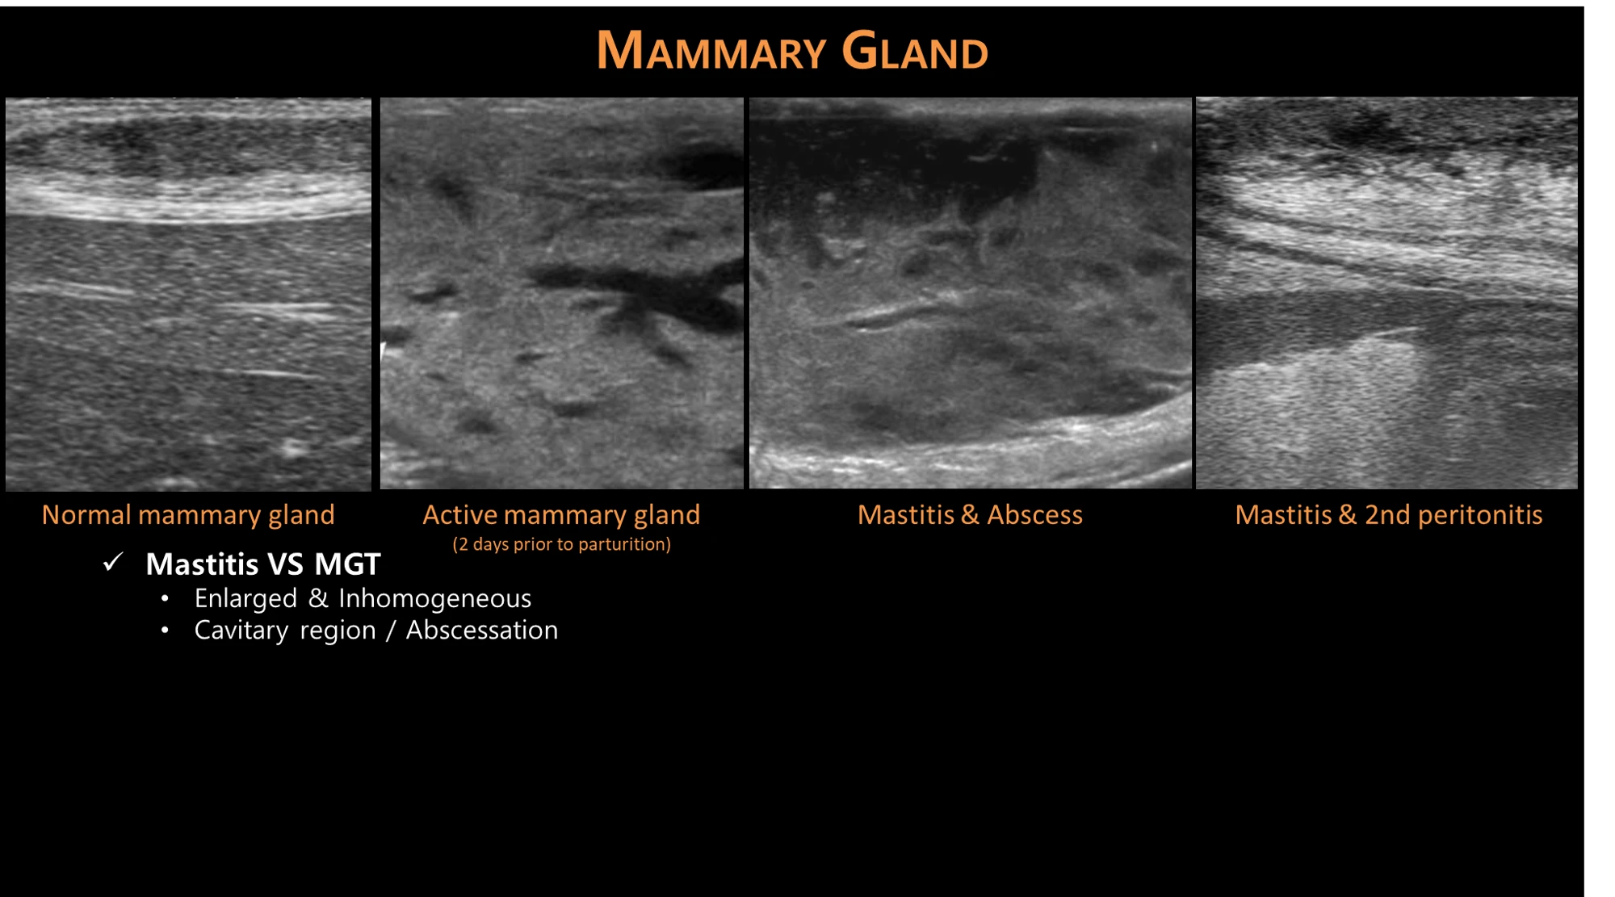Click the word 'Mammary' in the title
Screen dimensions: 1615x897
(711, 50)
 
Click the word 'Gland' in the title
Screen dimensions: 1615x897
(915, 50)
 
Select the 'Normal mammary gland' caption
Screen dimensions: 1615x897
(188, 515)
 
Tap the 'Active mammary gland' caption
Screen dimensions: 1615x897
(561, 515)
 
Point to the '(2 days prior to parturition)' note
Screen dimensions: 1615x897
(561, 544)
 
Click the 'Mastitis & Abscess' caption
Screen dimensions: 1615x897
(970, 515)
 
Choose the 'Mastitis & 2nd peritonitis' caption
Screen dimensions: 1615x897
(1389, 515)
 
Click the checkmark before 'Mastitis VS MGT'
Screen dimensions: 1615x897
(113, 562)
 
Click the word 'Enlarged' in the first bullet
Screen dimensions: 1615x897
(245, 599)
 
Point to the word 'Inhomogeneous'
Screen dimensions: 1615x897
(434, 598)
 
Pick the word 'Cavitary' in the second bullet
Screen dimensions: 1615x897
(241, 631)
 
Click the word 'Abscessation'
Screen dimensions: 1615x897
(481, 630)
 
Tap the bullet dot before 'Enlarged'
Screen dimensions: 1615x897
(165, 599)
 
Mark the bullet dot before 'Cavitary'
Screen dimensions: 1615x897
(165, 631)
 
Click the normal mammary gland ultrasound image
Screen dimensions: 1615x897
(188, 294)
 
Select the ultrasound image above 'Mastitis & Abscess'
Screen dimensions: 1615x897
(970, 293)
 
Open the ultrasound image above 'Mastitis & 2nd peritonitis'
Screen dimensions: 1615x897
(1386, 293)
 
